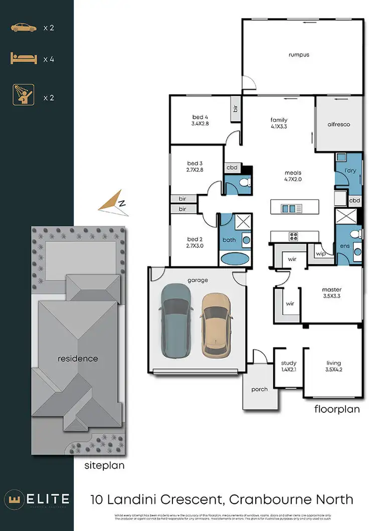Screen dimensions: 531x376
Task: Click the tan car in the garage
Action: [x=216, y=325]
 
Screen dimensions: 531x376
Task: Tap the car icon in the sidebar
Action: [x=23, y=28]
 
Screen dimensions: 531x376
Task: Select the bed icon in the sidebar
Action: [x=23, y=59]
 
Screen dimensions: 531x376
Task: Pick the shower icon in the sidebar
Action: [x=23, y=95]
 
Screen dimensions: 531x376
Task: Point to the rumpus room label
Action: [x=298, y=55]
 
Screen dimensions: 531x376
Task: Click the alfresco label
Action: [x=338, y=124]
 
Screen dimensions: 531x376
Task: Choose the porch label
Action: [x=259, y=389]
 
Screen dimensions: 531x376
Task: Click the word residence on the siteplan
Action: [x=77, y=359]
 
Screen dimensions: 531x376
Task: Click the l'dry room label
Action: [x=350, y=172]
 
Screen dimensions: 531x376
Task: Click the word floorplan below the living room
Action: [x=337, y=409]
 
